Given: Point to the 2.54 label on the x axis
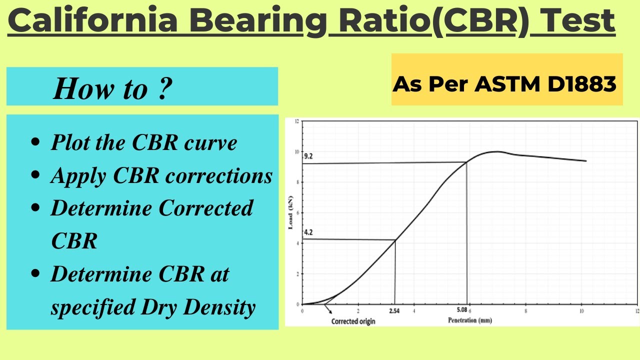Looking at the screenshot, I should (394, 310).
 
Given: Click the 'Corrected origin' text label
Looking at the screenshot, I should (353, 321).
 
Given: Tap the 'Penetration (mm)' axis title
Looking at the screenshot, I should (469, 320).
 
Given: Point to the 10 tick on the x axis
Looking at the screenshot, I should (581, 310).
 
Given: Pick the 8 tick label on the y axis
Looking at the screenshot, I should (297, 182).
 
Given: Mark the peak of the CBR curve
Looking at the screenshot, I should (496, 151).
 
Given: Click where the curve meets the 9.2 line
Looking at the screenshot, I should (466, 162).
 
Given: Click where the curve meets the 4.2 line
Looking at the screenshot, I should (395, 240).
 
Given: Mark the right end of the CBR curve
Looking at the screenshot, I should (585, 161).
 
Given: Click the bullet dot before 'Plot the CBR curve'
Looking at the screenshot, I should (35, 143).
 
